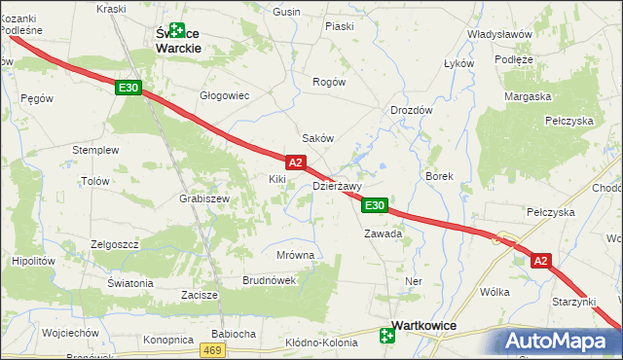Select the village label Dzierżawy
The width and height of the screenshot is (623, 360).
click(337, 186)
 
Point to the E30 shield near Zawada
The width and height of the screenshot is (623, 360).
click(376, 205)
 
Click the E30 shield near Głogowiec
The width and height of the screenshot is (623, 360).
click(128, 89)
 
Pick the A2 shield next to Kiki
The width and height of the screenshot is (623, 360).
click(297, 162)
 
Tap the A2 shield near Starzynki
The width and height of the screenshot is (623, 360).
click(542, 260)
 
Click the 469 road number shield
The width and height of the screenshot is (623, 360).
click(213, 349)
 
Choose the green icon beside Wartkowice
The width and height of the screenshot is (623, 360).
click(387, 337)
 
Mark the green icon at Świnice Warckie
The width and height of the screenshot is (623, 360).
click(176, 30)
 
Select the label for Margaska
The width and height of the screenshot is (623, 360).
click(528, 96)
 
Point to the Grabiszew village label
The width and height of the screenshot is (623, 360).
click(203, 198)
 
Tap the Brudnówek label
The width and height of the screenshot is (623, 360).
click(269, 280)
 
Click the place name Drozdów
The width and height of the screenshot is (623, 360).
click(411, 111)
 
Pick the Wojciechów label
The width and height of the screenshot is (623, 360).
click(71, 332)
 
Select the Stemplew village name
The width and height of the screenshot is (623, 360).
click(95, 151)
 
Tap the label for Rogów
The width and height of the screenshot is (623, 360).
click(328, 82)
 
